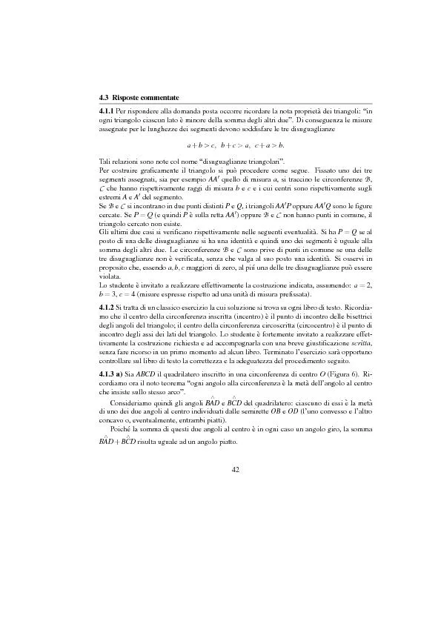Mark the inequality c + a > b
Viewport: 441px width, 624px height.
[x=270, y=144]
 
